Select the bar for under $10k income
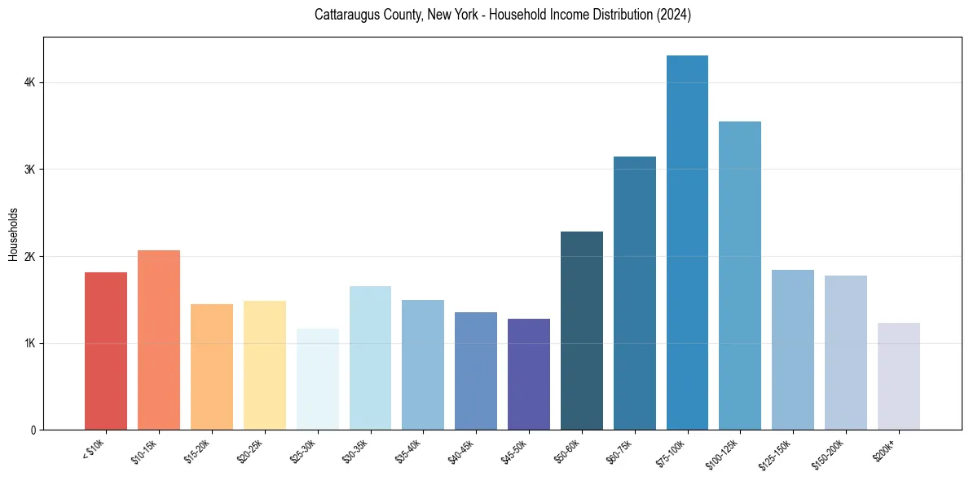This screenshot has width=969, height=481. (106, 351)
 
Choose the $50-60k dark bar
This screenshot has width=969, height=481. (582, 330)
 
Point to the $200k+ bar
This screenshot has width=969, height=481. (898, 376)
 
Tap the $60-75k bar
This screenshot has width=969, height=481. (634, 293)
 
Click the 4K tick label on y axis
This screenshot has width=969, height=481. (30, 82)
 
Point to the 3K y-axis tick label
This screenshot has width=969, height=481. (30, 170)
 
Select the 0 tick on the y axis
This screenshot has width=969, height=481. (33, 430)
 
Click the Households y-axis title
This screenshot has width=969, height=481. (13, 234)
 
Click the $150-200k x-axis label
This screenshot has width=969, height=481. (829, 452)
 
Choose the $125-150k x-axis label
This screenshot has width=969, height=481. (776, 452)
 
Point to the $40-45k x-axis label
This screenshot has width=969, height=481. (460, 450)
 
